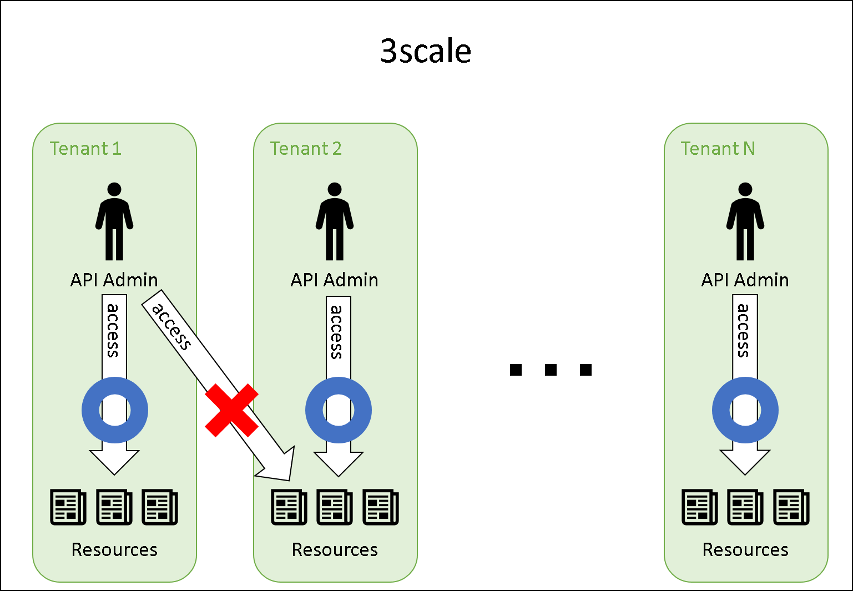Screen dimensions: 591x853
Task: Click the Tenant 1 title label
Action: click(85, 149)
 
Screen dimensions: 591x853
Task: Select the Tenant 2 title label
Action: click(306, 149)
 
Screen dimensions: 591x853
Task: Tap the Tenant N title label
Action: click(718, 149)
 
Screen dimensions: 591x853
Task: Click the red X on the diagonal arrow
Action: click(231, 410)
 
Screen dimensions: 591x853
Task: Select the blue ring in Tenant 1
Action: click(89, 410)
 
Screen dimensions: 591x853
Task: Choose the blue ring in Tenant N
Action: click(719, 410)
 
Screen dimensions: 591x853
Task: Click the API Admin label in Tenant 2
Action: click(335, 280)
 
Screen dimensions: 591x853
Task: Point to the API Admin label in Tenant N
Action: click(745, 280)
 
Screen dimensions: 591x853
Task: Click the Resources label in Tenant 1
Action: click(114, 549)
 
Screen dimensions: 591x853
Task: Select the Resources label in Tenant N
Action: click(745, 549)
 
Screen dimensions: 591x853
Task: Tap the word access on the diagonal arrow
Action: click(171, 326)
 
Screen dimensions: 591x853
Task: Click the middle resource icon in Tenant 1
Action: click(114, 507)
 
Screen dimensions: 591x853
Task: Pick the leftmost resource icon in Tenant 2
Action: click(289, 507)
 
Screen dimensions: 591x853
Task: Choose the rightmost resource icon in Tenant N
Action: click(791, 507)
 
